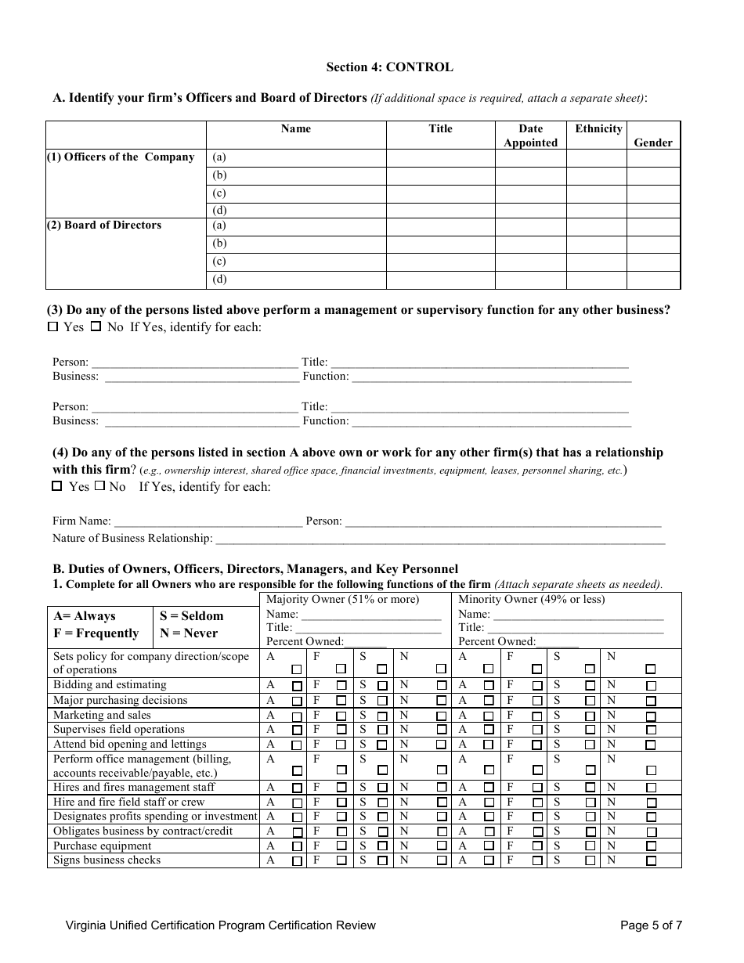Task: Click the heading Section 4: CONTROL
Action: point(389,67)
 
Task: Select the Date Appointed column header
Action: point(530,135)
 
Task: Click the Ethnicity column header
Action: point(598,129)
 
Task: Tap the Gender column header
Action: point(653,142)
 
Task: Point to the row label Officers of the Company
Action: point(121,157)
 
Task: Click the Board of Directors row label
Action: point(105,225)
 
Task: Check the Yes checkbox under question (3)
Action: point(53,327)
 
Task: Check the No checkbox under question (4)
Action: point(99,486)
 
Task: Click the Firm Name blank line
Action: point(208,521)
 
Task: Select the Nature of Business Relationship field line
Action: point(439,539)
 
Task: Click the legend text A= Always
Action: point(84,616)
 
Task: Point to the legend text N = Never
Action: point(189,633)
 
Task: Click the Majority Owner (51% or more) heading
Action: point(342,600)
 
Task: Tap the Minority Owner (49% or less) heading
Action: point(531,600)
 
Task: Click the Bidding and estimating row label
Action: point(110,685)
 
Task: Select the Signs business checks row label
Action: point(107,860)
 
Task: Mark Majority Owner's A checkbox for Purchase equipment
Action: point(297,846)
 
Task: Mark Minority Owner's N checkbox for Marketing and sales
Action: point(651,716)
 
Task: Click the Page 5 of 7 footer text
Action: point(651,925)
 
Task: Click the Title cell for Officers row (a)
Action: point(440,157)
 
